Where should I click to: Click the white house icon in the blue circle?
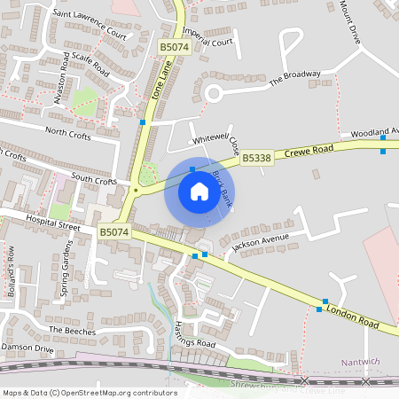pos(199,192)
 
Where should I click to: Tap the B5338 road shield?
pos(256,158)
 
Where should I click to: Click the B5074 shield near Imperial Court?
pos(176,47)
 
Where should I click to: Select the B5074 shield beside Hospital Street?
pos(114,232)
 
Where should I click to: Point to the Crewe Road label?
pos(309,150)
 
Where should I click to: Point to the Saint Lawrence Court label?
pos(90,25)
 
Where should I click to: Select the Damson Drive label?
pos(27,348)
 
